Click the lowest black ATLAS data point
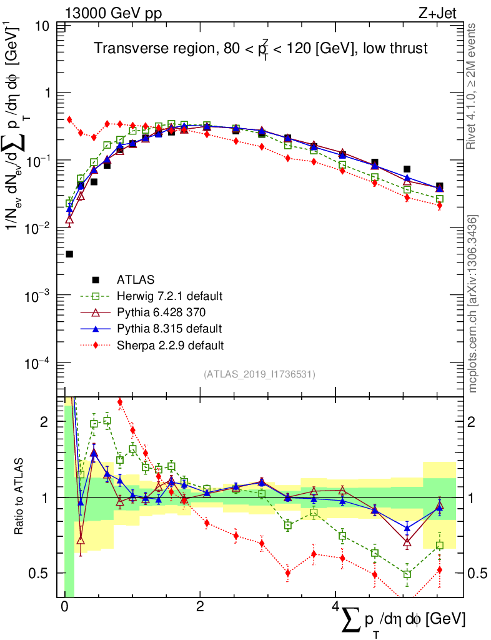pyautogui.click(x=69, y=254)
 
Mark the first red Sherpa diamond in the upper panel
pyautogui.click(x=69, y=119)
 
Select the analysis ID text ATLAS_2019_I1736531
pyautogui.click(x=259, y=374)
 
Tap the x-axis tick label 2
pyautogui.click(x=199, y=607)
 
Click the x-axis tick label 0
pyautogui.click(x=64, y=607)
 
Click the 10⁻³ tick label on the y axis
pyautogui.click(x=37, y=295)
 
